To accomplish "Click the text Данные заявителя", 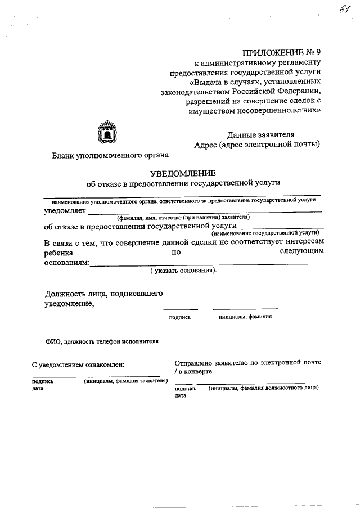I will coord(260,134).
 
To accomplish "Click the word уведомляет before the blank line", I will coord(65,210).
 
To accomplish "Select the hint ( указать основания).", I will coord(183,271).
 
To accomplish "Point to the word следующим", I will coord(301,253).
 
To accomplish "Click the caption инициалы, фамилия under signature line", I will coord(245,317).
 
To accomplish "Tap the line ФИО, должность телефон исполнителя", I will coord(102,341).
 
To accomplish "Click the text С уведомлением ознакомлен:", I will coord(78,365).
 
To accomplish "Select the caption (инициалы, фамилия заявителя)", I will coord(126,381).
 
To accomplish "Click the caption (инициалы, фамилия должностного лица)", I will coord(263,388).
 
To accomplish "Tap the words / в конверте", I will coord(193,372).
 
